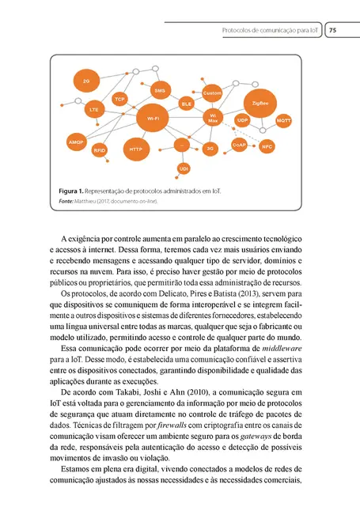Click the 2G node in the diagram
tap(85, 81)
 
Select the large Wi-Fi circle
tap(153, 118)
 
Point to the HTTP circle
tap(135, 148)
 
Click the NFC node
tap(267, 146)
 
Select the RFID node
tap(100, 149)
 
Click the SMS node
tap(159, 91)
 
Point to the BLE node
tap(188, 103)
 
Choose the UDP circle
tap(243, 120)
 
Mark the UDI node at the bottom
tap(184, 168)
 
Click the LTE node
tap(94, 108)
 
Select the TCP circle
tap(119, 99)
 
